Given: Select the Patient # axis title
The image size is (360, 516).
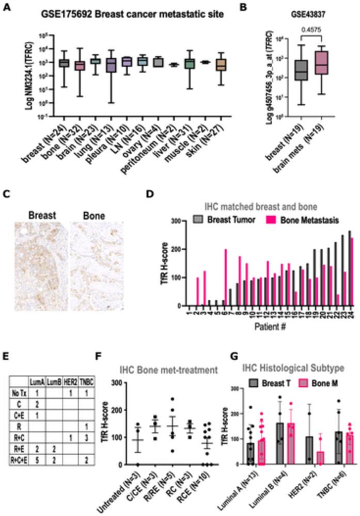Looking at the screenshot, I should pyautogui.click(x=263, y=327).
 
